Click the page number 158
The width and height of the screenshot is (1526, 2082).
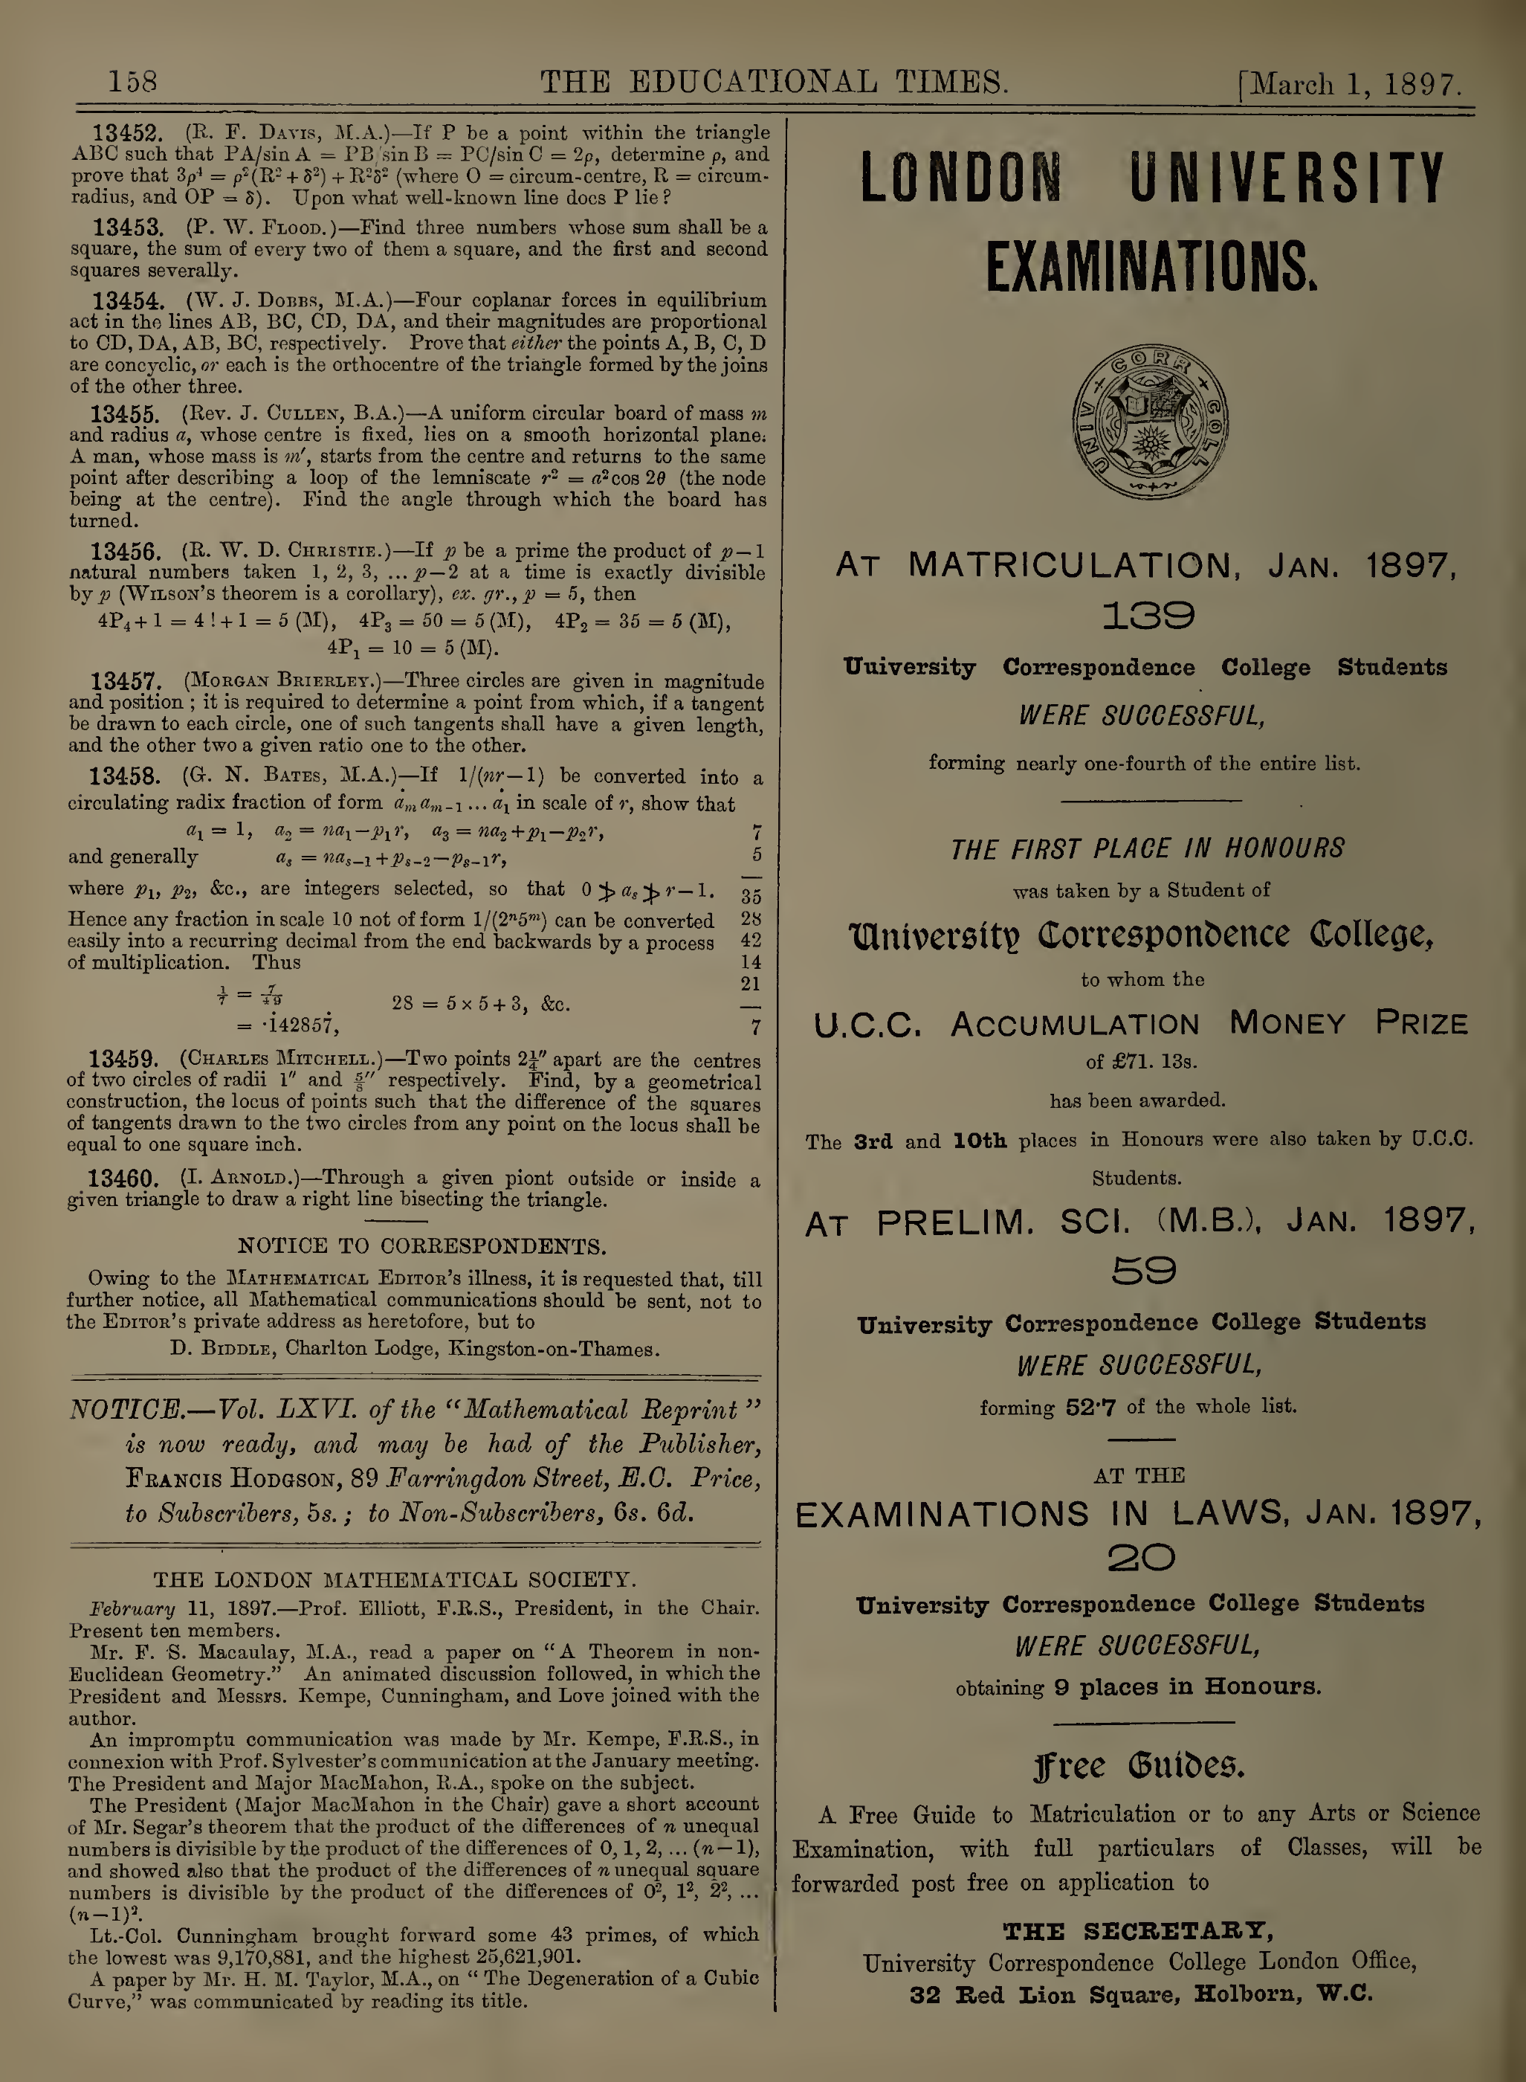(133, 83)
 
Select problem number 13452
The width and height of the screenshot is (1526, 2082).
(129, 133)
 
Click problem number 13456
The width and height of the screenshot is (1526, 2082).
(126, 552)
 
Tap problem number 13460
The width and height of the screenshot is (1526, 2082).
(123, 1179)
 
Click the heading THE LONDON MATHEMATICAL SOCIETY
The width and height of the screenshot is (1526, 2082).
(395, 1580)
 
